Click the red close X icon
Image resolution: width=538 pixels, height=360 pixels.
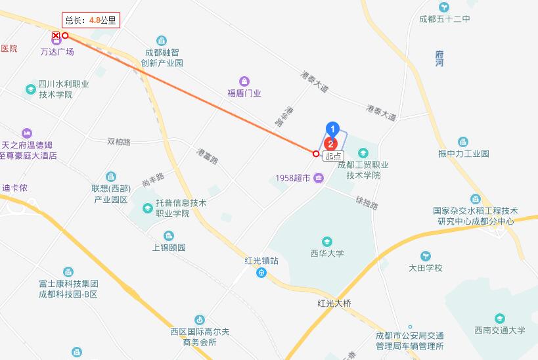click(56, 35)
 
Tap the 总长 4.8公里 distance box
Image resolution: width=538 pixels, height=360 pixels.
click(91, 20)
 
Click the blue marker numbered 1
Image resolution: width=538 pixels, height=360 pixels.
click(333, 129)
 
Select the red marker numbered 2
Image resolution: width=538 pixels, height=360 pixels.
click(332, 142)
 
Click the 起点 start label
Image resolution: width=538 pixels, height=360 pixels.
click(333, 155)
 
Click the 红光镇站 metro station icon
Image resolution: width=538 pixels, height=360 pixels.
click(261, 273)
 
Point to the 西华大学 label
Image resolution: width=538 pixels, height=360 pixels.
click(326, 253)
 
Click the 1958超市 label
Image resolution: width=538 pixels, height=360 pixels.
click(294, 178)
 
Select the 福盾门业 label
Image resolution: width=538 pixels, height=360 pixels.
click(244, 93)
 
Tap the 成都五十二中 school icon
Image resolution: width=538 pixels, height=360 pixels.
click(445, 7)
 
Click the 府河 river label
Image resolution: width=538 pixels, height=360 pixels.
click(439, 58)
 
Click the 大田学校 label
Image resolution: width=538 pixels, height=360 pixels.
click(426, 267)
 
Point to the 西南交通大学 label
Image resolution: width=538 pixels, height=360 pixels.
click(500, 330)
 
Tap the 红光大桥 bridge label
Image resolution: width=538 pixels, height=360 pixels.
click(334, 303)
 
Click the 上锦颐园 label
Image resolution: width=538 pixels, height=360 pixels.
click(169, 248)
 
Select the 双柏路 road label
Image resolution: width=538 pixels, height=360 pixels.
click(119, 141)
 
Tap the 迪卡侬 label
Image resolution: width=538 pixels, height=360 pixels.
click(14, 188)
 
